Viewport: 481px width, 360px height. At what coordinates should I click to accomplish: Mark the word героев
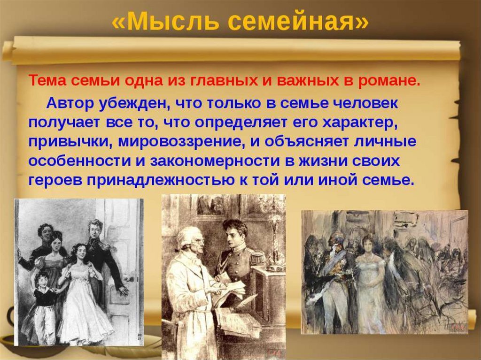click(x=56, y=180)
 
